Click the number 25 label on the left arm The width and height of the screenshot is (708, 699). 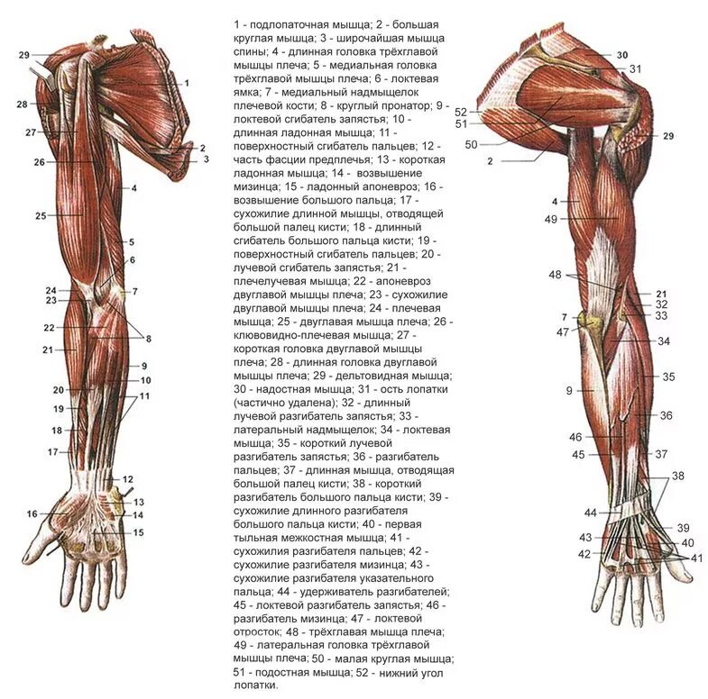(x=41, y=215)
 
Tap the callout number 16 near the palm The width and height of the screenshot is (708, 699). (x=32, y=513)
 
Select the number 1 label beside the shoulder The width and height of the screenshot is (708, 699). (x=186, y=83)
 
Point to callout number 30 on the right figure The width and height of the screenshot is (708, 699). (x=621, y=56)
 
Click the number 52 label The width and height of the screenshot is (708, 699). (x=461, y=111)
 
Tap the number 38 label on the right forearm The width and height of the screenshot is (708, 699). (x=678, y=475)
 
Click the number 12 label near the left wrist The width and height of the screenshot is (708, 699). (x=128, y=478)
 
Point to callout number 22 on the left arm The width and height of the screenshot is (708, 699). (x=49, y=327)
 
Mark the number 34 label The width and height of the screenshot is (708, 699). (x=664, y=341)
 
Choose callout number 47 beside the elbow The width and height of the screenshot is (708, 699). (x=563, y=332)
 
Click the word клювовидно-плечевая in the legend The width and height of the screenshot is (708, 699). (x=290, y=334)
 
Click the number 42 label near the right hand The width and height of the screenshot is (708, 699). (x=584, y=554)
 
